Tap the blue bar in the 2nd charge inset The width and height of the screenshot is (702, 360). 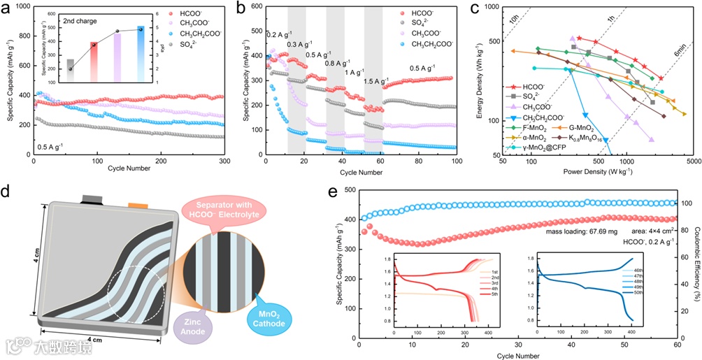[x=140, y=52]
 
